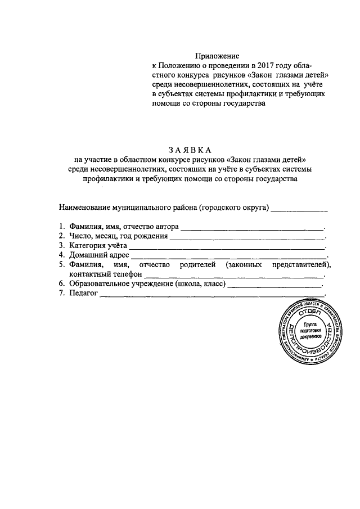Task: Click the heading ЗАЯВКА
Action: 190,150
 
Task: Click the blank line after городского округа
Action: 299,209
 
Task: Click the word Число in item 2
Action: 80,236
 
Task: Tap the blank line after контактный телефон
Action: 234,276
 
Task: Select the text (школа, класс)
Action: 200,284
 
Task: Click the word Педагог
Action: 84,294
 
